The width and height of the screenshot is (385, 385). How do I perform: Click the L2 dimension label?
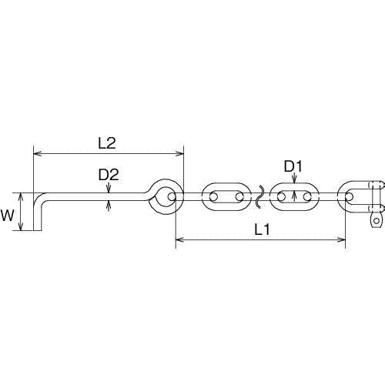(107, 143)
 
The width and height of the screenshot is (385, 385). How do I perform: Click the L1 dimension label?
(262, 229)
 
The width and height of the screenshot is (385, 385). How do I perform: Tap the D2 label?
(109, 175)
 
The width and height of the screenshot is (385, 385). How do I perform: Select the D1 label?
(293, 166)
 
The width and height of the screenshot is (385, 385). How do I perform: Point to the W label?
(7, 216)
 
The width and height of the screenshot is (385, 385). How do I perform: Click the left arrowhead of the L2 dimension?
(38, 154)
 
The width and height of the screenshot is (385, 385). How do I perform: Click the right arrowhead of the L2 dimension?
(180, 154)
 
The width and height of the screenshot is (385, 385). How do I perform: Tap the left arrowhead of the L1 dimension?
(179, 239)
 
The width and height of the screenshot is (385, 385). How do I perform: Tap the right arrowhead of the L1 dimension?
(342, 239)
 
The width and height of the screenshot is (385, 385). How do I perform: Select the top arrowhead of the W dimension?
(21, 196)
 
